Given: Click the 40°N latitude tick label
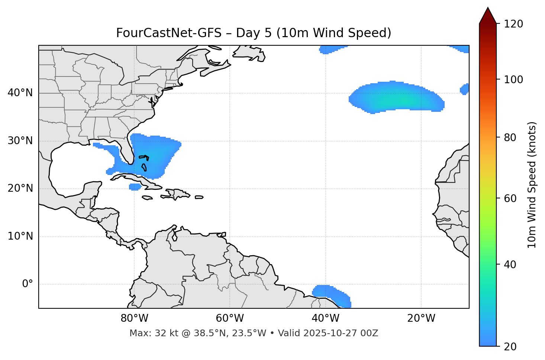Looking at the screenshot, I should click(20, 93).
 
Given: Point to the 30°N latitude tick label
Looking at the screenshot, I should click(20, 141).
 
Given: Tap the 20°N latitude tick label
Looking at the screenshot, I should click(20, 188).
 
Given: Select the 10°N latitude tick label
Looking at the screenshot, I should click(20, 236).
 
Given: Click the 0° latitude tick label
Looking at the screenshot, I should click(28, 284).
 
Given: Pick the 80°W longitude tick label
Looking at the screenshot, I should click(134, 318).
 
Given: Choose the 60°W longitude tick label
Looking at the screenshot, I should click(230, 318).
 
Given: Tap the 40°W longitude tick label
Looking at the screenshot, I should click(325, 318).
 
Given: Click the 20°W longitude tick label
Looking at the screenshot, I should click(421, 318).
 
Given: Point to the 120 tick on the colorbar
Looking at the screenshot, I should click(514, 24).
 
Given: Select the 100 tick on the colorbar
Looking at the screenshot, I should click(514, 80).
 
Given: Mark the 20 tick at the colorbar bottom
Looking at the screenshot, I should click(510, 347).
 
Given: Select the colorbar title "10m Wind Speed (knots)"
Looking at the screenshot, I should click(532, 185).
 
